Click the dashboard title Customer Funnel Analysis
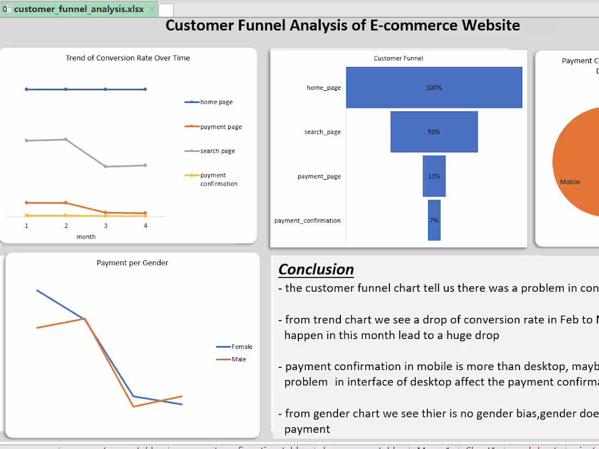click(343, 26)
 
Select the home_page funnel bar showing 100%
click(434, 88)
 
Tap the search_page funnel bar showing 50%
click(434, 132)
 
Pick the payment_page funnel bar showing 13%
click(434, 176)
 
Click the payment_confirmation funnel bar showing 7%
click(434, 220)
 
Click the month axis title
click(86, 237)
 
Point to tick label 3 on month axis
click(106, 226)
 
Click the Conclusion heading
click(316, 269)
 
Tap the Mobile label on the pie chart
click(570, 182)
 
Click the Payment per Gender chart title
click(132, 263)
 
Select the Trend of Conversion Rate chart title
click(127, 58)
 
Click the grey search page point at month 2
click(66, 139)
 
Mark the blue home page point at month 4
click(145, 89)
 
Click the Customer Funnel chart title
click(398, 58)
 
